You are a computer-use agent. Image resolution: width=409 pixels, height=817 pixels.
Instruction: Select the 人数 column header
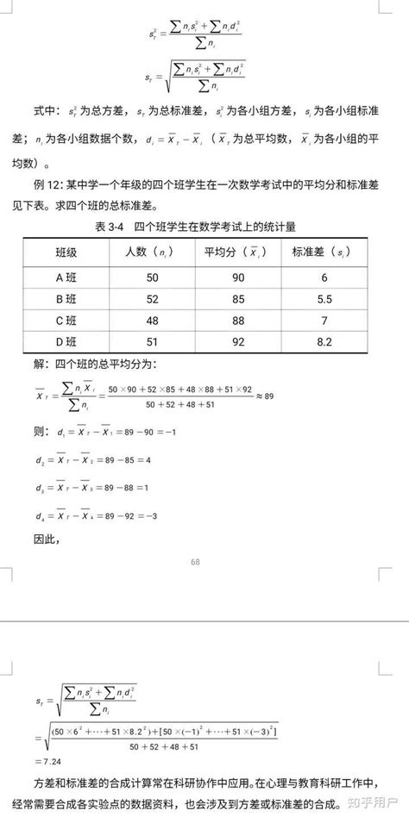pyautogui.click(x=151, y=253)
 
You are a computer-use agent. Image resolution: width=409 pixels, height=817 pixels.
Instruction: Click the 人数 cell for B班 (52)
pyautogui.click(x=152, y=299)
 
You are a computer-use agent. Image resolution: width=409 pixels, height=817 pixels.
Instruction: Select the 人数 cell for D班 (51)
pyautogui.click(x=152, y=342)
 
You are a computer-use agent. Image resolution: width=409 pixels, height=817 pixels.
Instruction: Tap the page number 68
pyautogui.click(x=196, y=562)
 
